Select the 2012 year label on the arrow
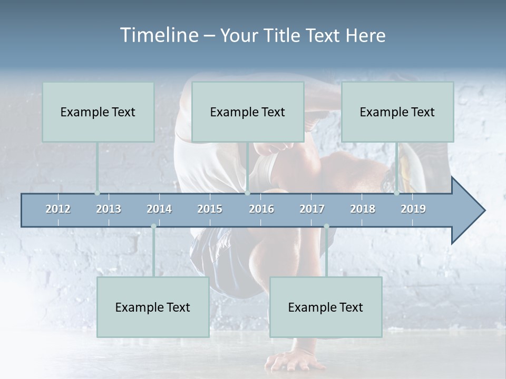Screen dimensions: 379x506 [x=58, y=209]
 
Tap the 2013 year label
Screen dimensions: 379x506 [x=109, y=209]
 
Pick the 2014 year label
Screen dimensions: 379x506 [x=159, y=209]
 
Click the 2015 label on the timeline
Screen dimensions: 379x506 [x=210, y=209]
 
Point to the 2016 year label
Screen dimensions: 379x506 [x=261, y=209]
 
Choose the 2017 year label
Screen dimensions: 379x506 [x=312, y=209]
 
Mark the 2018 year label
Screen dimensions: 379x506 [x=363, y=209]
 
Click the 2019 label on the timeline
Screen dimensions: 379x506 [x=413, y=209]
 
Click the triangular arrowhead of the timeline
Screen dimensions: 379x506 [x=467, y=211]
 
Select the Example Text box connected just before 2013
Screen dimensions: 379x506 [x=98, y=112]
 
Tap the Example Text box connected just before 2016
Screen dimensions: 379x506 [x=248, y=112]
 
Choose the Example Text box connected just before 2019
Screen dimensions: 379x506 [x=397, y=112]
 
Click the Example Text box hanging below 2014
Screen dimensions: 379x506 [x=153, y=307]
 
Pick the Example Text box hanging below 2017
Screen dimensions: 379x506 [x=326, y=307]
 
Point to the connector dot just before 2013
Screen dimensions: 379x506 [x=97, y=193]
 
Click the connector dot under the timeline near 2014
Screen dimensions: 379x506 [x=153, y=226]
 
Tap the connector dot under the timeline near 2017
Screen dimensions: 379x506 [x=326, y=226]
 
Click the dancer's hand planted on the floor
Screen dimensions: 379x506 [x=287, y=362]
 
